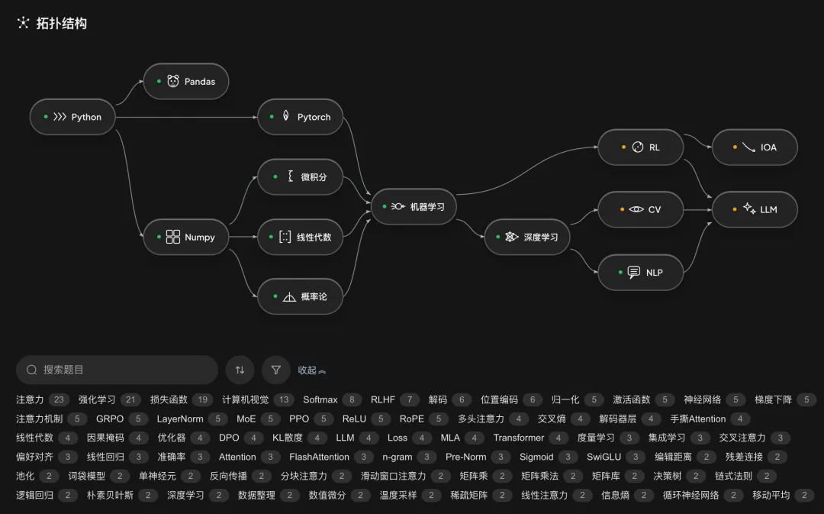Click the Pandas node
click(x=186, y=82)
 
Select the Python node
click(x=72, y=117)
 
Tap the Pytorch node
click(x=300, y=117)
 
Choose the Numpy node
click(x=186, y=237)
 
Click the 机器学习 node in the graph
click(x=414, y=207)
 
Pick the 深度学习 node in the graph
click(x=527, y=237)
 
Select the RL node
click(x=641, y=147)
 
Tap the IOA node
click(x=755, y=147)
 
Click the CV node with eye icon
click(x=641, y=209)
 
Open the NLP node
click(x=641, y=273)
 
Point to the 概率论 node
click(x=300, y=297)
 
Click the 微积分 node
click(x=300, y=176)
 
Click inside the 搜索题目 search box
click(x=117, y=370)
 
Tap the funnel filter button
click(x=276, y=370)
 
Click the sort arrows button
click(x=240, y=370)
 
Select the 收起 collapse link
click(x=311, y=370)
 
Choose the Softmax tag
click(x=320, y=400)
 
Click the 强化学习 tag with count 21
click(x=97, y=400)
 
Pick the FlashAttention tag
click(x=319, y=457)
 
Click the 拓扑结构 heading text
click(x=62, y=23)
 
